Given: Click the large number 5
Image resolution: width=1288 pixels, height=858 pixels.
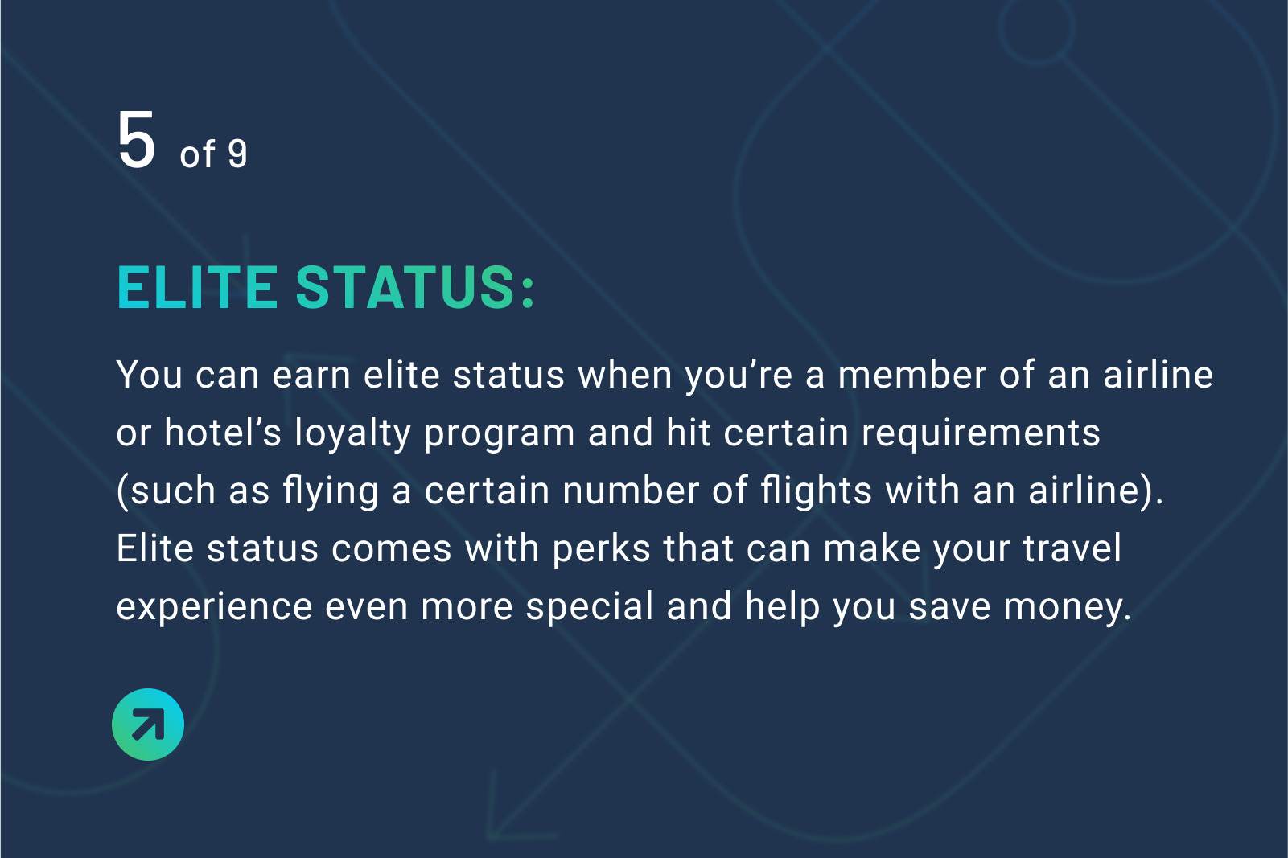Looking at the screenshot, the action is (136, 140).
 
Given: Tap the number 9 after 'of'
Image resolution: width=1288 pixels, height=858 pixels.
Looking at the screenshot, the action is (237, 154).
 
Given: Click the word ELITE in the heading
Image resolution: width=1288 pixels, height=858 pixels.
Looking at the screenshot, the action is (198, 287).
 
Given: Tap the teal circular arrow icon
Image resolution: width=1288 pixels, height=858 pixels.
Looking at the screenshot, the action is (148, 724).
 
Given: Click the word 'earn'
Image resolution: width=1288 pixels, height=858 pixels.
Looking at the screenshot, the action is (311, 376).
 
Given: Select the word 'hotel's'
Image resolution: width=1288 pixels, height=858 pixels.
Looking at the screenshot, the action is (223, 432).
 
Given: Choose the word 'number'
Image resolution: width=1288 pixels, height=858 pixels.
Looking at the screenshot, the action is (630, 491).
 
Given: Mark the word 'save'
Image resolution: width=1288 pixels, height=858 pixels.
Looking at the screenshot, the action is (949, 608).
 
